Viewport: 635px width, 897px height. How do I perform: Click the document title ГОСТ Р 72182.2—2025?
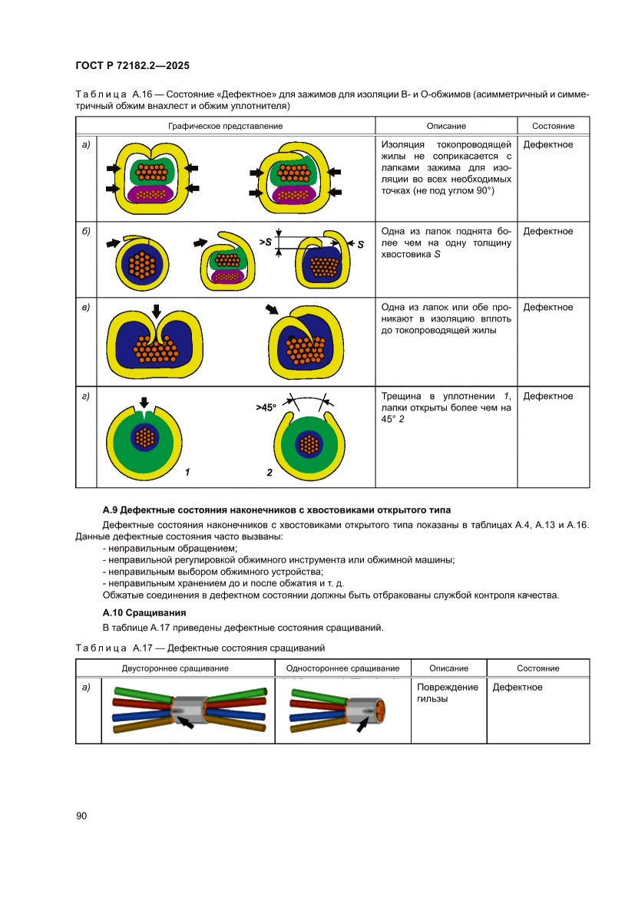pos(133,67)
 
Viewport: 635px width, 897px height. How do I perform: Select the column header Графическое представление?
pos(225,126)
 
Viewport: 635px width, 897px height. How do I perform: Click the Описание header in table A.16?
pos(446,126)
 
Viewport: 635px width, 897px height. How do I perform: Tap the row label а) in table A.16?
pos(86,144)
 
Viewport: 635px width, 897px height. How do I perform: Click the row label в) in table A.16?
pos(86,308)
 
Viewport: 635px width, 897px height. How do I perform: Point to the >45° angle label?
pos(266,408)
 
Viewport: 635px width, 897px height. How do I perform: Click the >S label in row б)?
pos(266,242)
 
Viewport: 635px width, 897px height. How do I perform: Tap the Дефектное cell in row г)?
pos(547,396)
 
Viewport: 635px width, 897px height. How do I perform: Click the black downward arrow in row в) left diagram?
pos(156,311)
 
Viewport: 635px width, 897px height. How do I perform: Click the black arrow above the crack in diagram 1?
pos(143,402)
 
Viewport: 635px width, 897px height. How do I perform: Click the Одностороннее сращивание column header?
pos(342,668)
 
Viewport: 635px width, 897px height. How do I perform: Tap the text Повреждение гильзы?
pos(447,693)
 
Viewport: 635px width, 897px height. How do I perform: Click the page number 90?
pos(82,816)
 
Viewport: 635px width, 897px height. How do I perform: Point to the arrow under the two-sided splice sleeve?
pos(184,722)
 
